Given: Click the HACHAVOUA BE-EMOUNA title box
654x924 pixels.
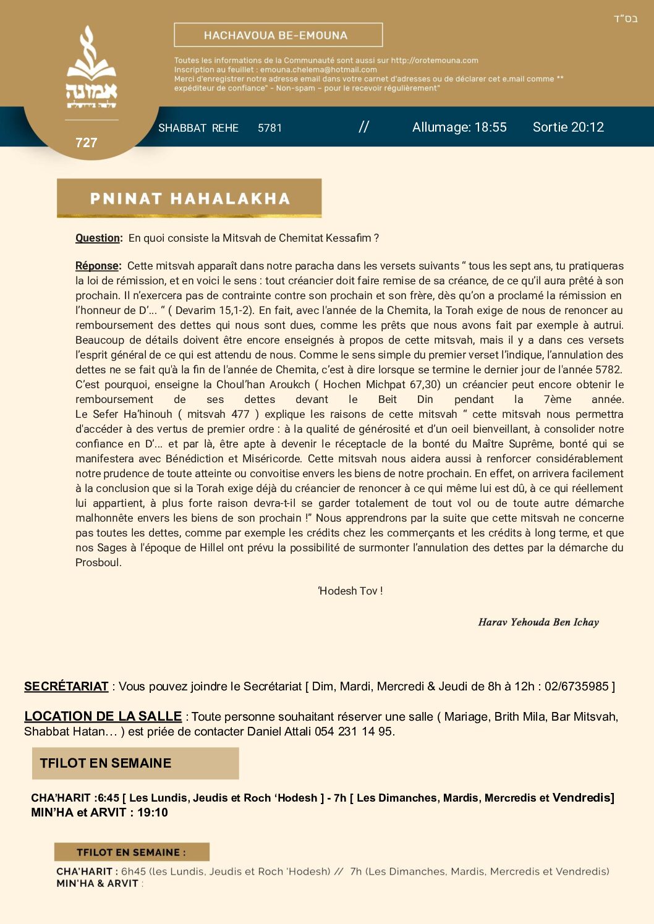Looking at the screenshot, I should tap(278, 35).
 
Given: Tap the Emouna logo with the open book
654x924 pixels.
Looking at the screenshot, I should tap(91, 68).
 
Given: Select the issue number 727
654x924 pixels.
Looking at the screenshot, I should tap(87, 143).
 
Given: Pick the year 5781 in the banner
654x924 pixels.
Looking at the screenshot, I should tap(270, 128).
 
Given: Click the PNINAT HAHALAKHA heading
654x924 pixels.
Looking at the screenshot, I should tap(189, 198).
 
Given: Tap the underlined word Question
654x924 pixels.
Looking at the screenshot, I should tap(98, 238).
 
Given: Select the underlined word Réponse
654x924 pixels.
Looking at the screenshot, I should tap(98, 266).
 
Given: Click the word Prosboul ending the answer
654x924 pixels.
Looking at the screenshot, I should tap(98, 562).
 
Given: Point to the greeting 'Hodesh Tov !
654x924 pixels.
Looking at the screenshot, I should tap(350, 591).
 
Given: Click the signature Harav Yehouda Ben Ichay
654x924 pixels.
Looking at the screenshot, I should tap(538, 622).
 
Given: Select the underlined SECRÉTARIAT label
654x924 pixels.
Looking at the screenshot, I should tap(66, 686).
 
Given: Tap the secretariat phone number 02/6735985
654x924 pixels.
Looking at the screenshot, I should tap(576, 686).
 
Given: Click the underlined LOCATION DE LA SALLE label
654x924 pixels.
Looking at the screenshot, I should tap(103, 716).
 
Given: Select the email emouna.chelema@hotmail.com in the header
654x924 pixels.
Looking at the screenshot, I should tap(318, 70).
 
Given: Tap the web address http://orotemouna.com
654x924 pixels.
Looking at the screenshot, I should tap(435, 61).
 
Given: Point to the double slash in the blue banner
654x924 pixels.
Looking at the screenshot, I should tap(363, 127).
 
